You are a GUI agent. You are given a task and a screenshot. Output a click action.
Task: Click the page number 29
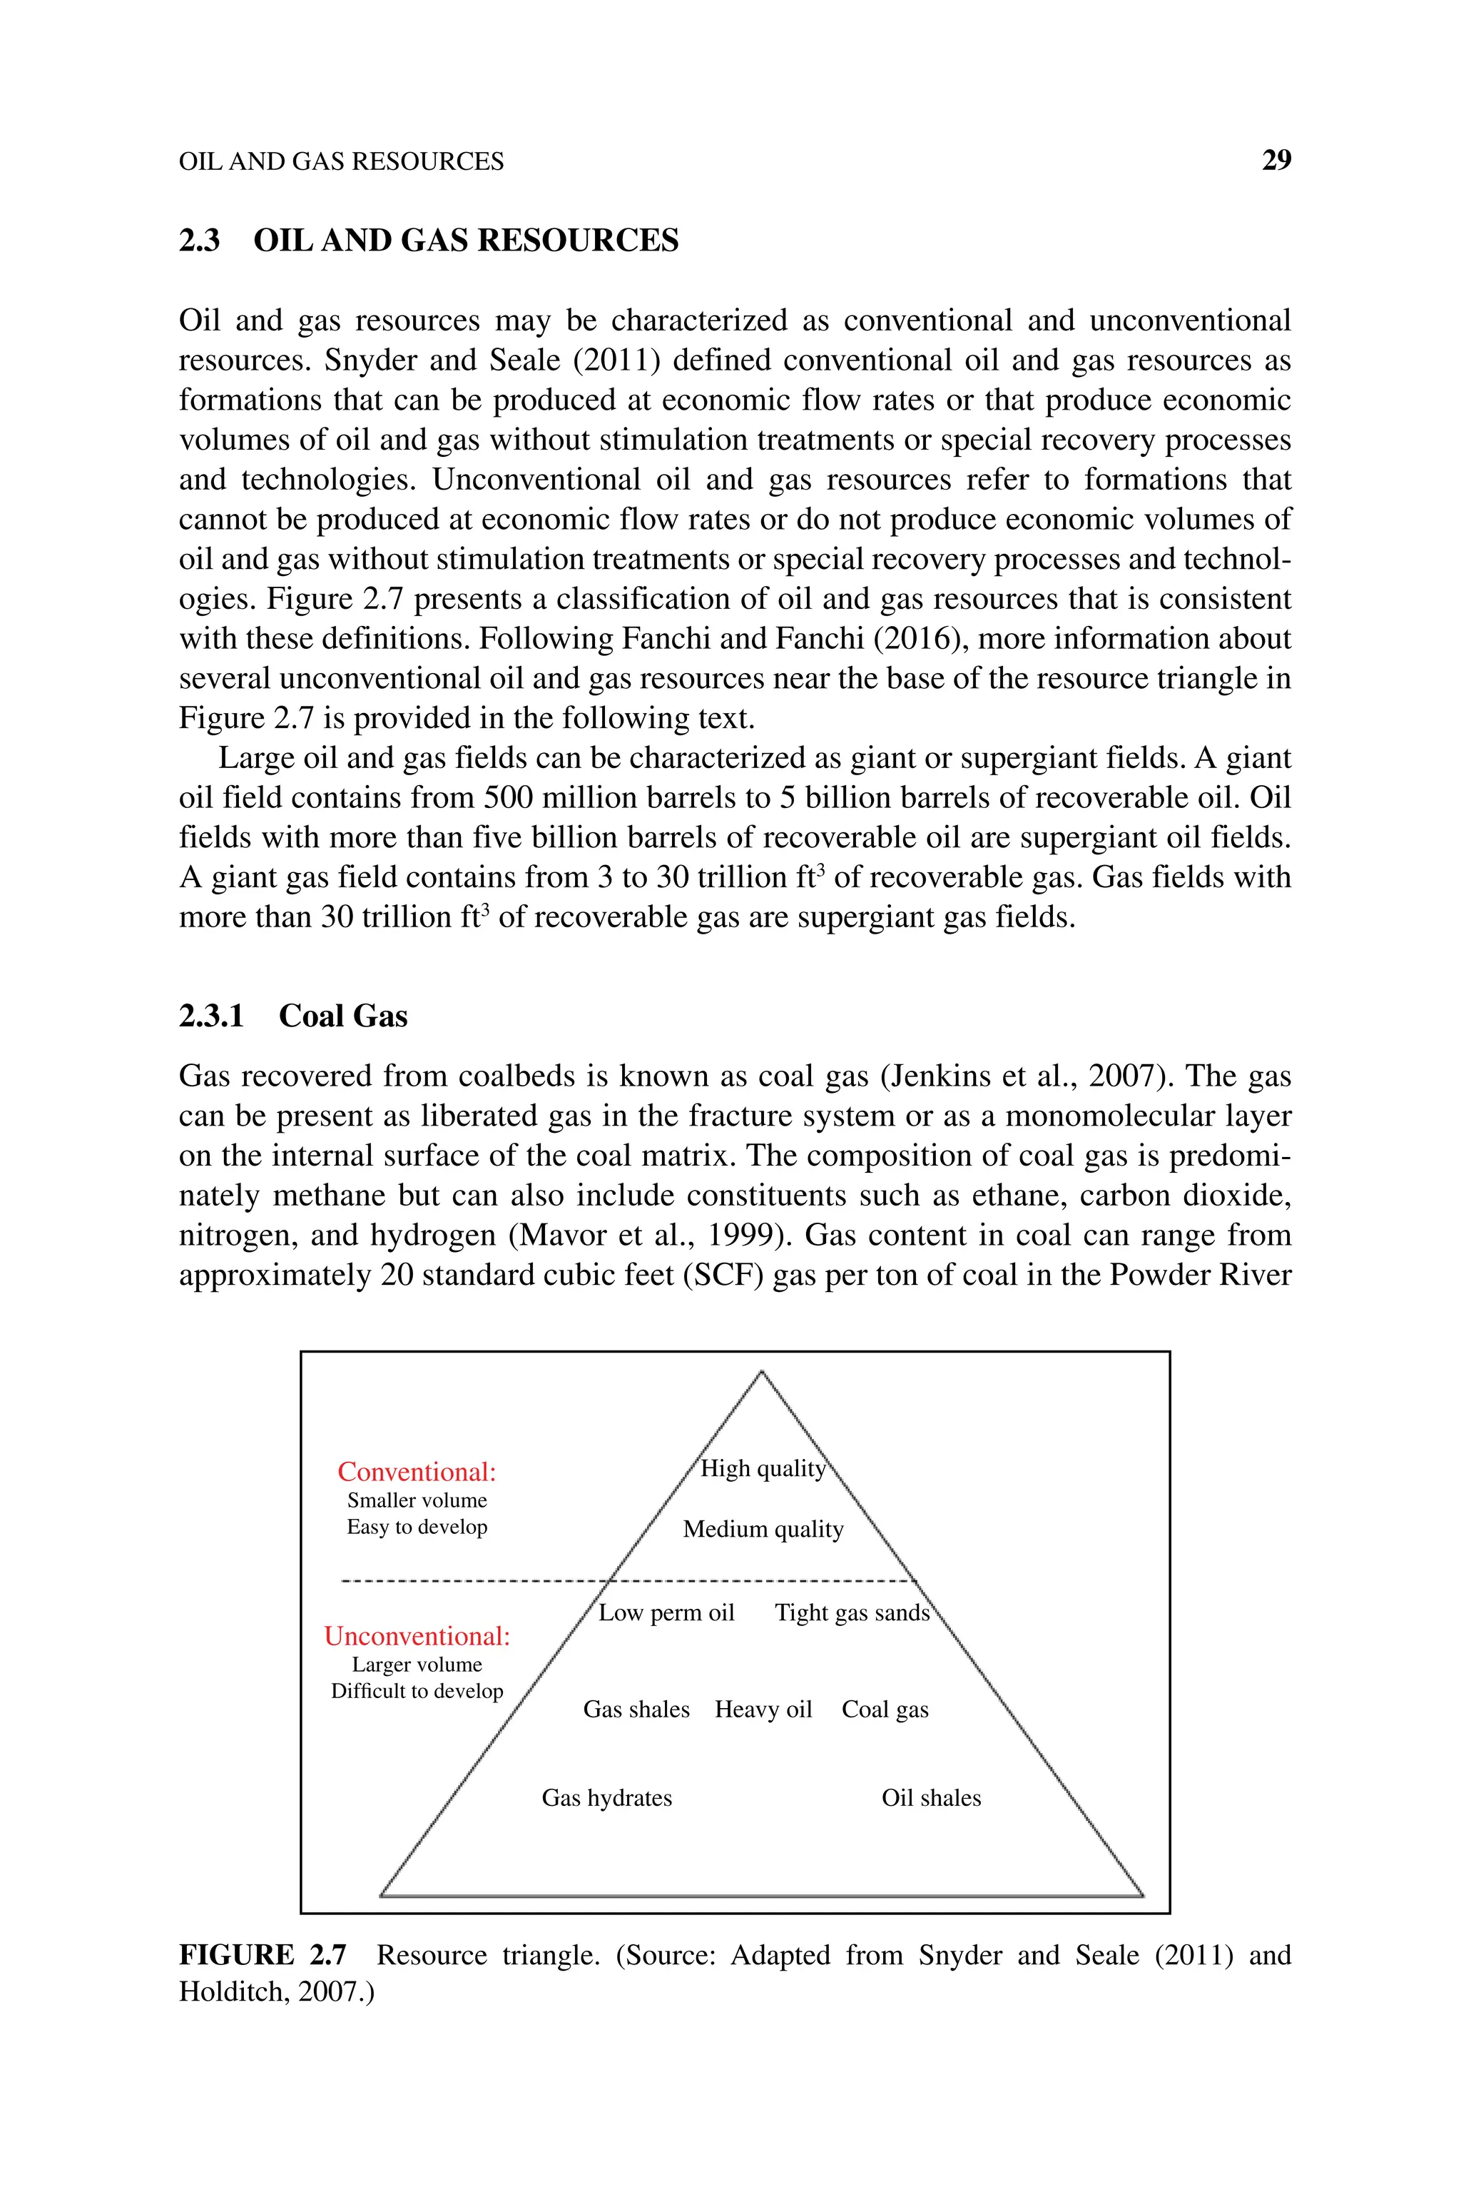1276,161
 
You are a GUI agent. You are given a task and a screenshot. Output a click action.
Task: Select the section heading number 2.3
200,241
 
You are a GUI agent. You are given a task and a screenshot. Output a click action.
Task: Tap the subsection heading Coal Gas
343,1015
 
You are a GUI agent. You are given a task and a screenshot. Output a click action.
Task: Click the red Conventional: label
417,1472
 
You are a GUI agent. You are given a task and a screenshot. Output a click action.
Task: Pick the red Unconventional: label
417,1636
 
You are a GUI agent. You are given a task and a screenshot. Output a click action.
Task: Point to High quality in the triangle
762,1469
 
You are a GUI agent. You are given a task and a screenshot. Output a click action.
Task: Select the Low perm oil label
666,1613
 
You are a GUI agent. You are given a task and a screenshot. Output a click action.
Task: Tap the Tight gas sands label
852,1613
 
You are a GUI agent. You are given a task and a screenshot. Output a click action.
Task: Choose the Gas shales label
636,1709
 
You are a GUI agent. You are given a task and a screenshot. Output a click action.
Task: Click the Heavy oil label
763,1709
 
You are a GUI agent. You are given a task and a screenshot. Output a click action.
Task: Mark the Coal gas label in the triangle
885,1709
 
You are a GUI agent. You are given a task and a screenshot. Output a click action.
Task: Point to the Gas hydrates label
606,1798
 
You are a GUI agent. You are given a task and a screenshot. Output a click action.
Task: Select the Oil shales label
931,1798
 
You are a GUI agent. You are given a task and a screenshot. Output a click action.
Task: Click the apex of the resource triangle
761,1371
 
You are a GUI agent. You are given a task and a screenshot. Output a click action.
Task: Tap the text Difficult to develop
417,1691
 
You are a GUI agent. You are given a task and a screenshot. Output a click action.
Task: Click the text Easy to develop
417,1527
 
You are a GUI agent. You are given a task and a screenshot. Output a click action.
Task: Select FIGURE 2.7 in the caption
262,1954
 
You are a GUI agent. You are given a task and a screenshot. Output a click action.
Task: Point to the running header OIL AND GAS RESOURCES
341,162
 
